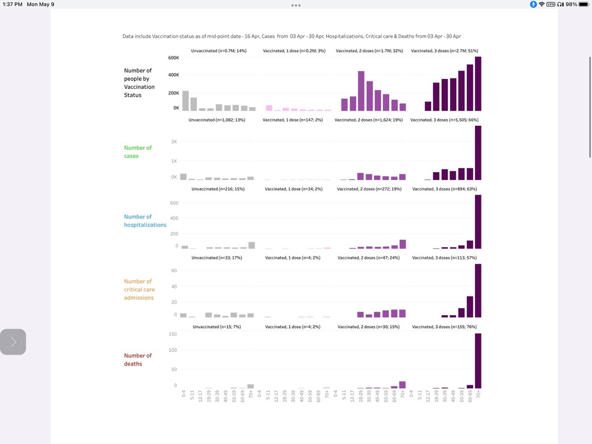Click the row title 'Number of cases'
pos(138,152)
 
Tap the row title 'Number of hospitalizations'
pos(145,221)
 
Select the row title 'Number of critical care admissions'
pos(139,290)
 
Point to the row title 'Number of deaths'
pos(138,360)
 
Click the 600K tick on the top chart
pos(173,58)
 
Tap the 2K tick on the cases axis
pos(175,142)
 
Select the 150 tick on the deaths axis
pos(173,334)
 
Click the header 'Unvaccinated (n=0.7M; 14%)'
pos(219,51)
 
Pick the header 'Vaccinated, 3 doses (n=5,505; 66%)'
pos(444,120)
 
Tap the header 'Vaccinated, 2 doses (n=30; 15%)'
pos(369,327)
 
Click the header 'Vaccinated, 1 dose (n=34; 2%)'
pos(294,189)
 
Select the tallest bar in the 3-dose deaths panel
pos(478,361)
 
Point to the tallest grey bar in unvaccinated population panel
pos(185,101)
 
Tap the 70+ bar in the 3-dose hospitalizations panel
pos(478,222)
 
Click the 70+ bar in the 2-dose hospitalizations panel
pos(403,244)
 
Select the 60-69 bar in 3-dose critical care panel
pos(470,306)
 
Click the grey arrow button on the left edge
pos(13,341)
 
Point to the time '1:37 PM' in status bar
pos(13,4)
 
